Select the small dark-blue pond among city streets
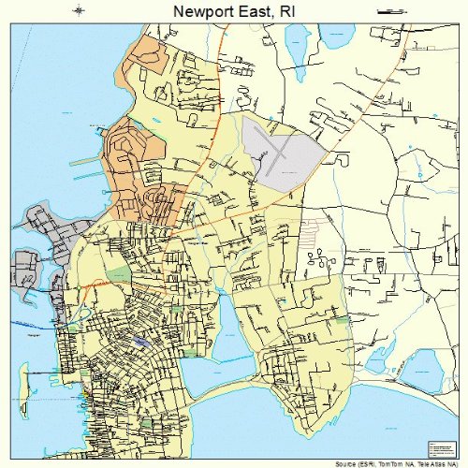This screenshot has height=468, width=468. pyautogui.click(x=140, y=343)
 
